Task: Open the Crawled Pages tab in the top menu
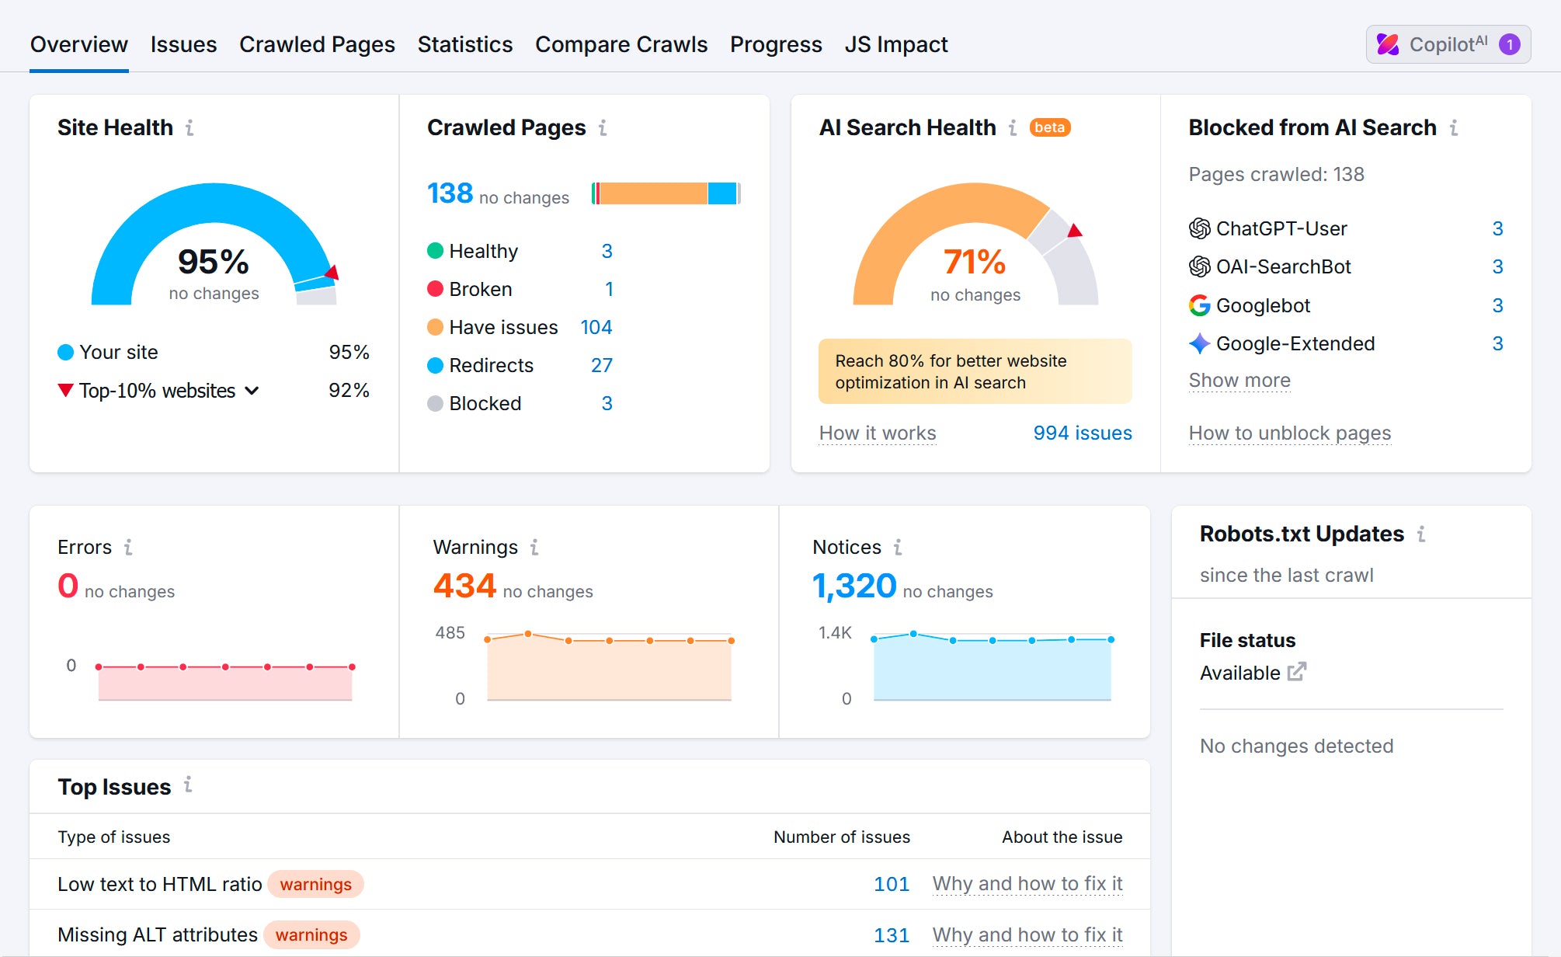[317, 45]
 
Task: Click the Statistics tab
[464, 45]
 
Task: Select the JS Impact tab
[895, 45]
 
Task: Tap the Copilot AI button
[1448, 45]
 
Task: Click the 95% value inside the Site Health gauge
[214, 262]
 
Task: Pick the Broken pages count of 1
[609, 290]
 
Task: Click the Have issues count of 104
[596, 328]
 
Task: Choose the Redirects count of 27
[601, 366]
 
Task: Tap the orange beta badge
[1049, 127]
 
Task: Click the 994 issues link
[1082, 433]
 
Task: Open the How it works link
[878, 433]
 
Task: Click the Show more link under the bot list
[1239, 381]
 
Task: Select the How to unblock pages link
[1289, 433]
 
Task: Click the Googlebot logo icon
[1199, 305]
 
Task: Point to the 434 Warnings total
[464, 586]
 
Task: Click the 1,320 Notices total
[854, 586]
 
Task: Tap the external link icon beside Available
[1297, 672]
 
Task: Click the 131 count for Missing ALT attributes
[891, 935]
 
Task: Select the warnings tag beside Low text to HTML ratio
[315, 885]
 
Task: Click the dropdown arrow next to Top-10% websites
[252, 391]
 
